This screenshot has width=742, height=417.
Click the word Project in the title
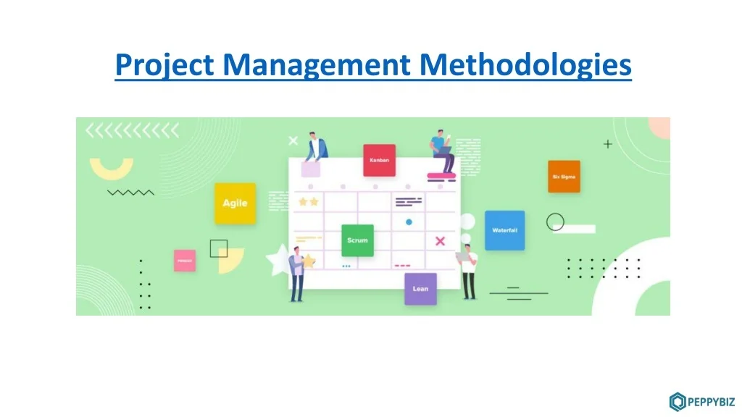pos(164,65)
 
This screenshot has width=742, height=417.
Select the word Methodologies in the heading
pos(526,65)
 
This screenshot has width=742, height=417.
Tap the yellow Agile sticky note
pos(235,203)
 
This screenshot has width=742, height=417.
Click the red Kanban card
pos(379,160)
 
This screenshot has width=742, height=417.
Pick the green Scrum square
pos(357,240)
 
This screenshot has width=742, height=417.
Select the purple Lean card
pos(420,288)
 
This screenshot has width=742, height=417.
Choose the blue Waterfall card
pos(504,230)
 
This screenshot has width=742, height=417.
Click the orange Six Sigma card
pos(564,176)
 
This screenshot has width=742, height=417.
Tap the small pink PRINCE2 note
pos(185,260)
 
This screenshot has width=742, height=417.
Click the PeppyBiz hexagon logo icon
pos(678,400)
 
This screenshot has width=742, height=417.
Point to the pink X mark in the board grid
pos(440,240)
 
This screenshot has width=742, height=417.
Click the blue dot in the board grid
pos(409,222)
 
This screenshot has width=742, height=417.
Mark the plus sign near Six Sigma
pos(607,144)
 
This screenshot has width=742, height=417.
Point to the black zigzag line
pos(130,193)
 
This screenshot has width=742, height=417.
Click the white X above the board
pos(293,140)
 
